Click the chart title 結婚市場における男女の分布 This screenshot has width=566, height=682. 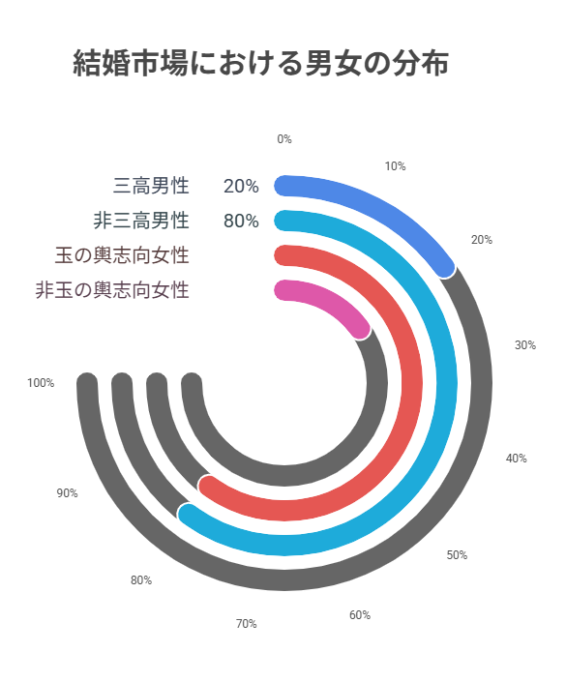(261, 64)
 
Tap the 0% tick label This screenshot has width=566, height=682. (284, 139)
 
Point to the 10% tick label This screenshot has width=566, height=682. (395, 166)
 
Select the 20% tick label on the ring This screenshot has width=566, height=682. (482, 240)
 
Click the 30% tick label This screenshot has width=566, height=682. (525, 345)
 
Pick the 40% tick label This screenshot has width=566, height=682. (516, 459)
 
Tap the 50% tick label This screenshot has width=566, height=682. (458, 555)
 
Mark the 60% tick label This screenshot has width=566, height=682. (360, 615)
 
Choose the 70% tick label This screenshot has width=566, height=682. (247, 624)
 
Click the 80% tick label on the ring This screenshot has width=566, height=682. (141, 580)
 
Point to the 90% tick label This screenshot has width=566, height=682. (67, 493)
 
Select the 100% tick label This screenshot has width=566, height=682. (41, 383)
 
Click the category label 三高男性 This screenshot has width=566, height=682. (151, 186)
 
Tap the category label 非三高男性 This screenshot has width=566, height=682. (141, 221)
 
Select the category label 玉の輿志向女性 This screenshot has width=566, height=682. (122, 255)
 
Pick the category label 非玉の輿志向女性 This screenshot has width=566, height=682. (112, 290)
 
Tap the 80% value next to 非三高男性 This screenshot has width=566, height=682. (241, 222)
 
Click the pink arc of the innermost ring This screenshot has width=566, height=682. (329, 301)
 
